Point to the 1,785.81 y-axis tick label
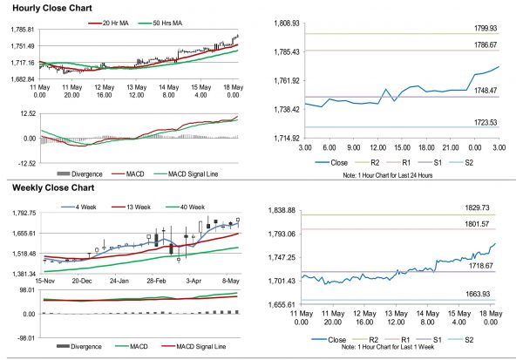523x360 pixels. [x=19, y=30]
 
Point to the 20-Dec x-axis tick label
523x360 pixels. [x=82, y=282]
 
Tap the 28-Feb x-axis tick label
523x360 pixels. [x=157, y=282]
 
